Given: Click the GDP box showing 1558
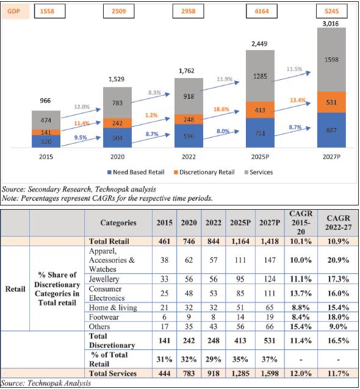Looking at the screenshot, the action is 49,11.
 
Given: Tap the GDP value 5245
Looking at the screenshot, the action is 332,11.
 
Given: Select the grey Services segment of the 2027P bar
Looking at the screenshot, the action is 331,60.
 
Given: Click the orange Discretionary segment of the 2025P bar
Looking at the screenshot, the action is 260,110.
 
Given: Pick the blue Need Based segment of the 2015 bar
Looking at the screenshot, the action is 46,141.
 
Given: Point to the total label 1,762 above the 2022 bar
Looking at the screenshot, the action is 187,71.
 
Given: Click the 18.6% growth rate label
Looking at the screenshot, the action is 221,109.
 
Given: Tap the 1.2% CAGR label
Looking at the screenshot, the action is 151,115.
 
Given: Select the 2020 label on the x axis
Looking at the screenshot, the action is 117,157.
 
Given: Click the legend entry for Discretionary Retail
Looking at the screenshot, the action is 204,172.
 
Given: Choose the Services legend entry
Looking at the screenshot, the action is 259,172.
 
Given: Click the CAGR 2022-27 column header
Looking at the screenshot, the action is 339,223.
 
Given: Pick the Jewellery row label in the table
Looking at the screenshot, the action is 104,279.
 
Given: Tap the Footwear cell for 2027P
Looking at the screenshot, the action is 270,317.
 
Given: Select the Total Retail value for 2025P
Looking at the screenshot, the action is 240,241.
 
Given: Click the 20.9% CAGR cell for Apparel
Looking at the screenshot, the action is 338,260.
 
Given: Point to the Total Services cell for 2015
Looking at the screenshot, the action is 164,373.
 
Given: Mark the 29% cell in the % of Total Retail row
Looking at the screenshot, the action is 214,359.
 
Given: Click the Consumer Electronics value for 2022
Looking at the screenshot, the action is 214,293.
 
